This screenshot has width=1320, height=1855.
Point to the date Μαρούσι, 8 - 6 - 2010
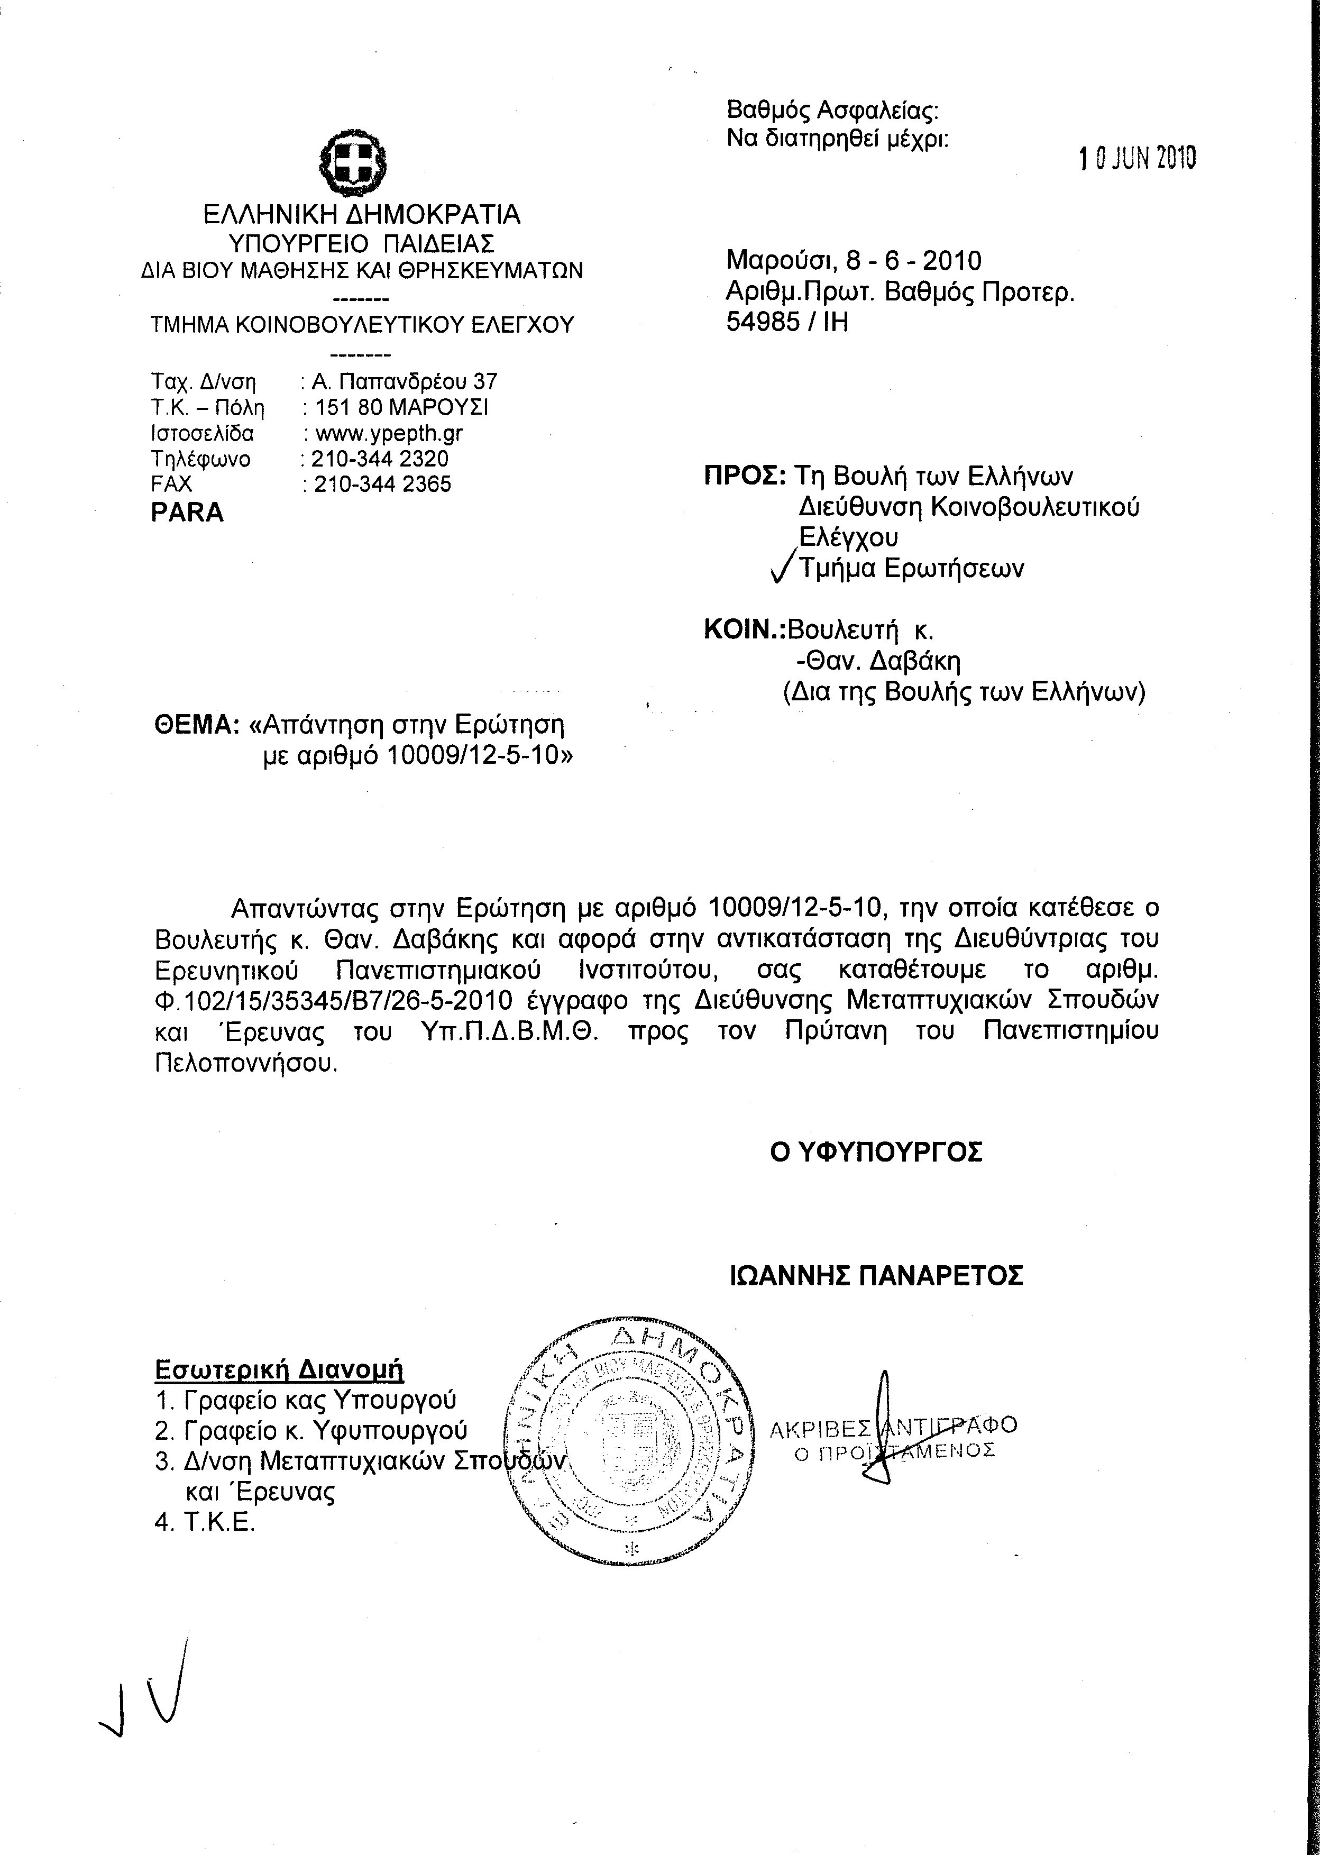pyautogui.click(x=854, y=261)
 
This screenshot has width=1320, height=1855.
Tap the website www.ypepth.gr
pyautogui.click(x=389, y=433)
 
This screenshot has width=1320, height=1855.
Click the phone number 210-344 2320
pyautogui.click(x=380, y=459)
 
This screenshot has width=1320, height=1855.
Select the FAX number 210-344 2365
pyautogui.click(x=382, y=485)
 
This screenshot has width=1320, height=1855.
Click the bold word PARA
pyautogui.click(x=187, y=513)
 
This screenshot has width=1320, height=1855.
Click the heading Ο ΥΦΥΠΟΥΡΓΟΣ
pyautogui.click(x=876, y=1153)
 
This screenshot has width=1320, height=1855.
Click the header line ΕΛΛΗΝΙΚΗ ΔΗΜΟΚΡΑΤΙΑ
pyautogui.click(x=362, y=215)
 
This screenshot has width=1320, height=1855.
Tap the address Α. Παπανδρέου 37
pyautogui.click(x=405, y=381)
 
